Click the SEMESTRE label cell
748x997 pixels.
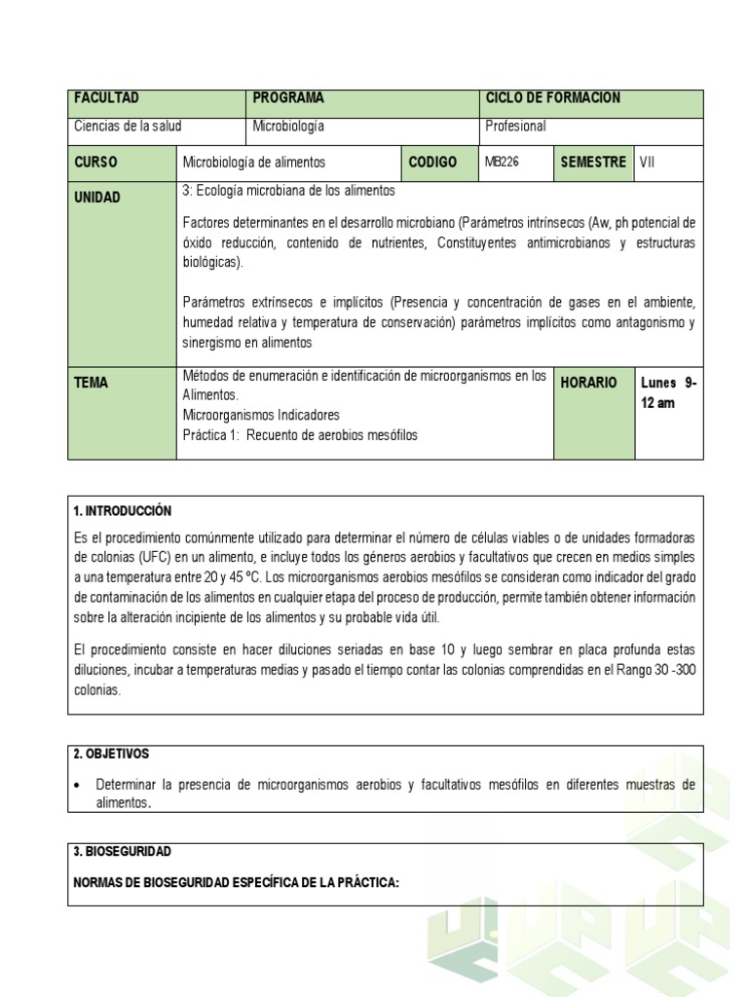pyautogui.click(x=593, y=163)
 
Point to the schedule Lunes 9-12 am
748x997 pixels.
pyautogui.click(x=668, y=392)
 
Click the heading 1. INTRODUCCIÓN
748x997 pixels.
pyautogui.click(x=123, y=511)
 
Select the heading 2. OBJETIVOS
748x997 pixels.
pyautogui.click(x=112, y=755)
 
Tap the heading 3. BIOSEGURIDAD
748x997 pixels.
pyautogui.click(x=123, y=851)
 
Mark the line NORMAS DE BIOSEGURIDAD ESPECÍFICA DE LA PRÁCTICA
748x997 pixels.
pyautogui.click(x=237, y=882)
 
